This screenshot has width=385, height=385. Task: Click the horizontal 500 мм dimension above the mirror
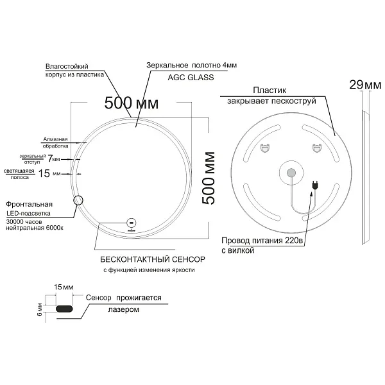[x=132, y=103]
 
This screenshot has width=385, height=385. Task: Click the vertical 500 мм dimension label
[x=208, y=178]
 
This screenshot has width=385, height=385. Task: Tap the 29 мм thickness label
[x=365, y=85]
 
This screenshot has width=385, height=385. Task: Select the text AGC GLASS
[x=191, y=78]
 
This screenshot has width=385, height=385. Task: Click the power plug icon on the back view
[x=315, y=185]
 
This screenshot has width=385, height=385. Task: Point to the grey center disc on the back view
[x=291, y=173]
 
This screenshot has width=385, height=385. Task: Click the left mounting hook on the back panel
[x=265, y=148]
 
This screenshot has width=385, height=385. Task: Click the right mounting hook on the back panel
[x=317, y=148]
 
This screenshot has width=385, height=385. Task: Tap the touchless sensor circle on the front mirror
[x=132, y=223]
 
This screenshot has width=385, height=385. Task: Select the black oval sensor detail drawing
[x=64, y=309]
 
